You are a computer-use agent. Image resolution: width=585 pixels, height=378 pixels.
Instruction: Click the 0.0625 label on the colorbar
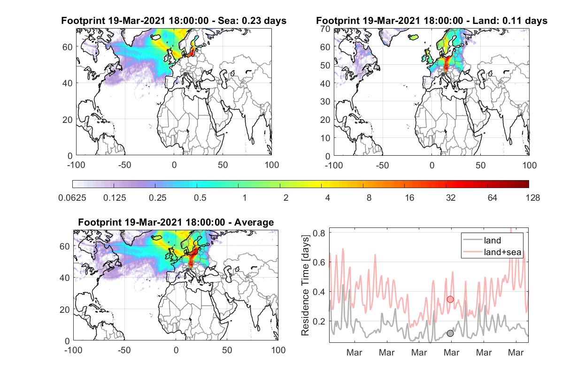click(72, 198)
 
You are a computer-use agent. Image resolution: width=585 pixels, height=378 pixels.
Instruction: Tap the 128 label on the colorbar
click(532, 198)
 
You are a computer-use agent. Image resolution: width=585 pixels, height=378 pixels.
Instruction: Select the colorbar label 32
click(451, 198)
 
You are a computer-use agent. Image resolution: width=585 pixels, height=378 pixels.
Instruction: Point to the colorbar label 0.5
click(200, 198)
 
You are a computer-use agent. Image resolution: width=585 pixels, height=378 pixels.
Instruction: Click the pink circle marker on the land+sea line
click(450, 299)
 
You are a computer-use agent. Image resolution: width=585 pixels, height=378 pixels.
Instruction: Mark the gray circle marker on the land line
click(450, 333)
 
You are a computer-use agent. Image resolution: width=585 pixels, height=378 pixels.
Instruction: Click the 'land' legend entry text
click(493, 240)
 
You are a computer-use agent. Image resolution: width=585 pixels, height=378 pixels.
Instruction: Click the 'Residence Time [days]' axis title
click(305, 286)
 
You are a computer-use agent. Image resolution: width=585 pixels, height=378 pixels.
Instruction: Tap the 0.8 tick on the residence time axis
click(319, 233)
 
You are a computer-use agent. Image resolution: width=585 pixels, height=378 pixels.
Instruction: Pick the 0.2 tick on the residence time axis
click(319, 321)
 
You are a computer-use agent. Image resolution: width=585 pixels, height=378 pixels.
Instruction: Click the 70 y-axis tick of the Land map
click(325, 29)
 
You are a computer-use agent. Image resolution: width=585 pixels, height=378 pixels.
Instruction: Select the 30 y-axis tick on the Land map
click(325, 101)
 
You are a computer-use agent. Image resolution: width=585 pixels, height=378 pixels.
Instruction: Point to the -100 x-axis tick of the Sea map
click(76, 165)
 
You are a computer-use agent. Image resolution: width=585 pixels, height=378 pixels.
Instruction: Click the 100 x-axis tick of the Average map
click(278, 350)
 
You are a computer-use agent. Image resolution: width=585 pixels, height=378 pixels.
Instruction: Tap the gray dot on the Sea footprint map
click(185, 74)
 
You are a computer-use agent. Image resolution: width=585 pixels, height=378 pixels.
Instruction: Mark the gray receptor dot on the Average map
click(187, 270)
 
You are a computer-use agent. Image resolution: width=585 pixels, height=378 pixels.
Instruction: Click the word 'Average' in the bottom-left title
click(254, 222)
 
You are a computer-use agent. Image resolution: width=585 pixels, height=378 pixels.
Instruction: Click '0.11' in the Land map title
click(512, 21)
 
